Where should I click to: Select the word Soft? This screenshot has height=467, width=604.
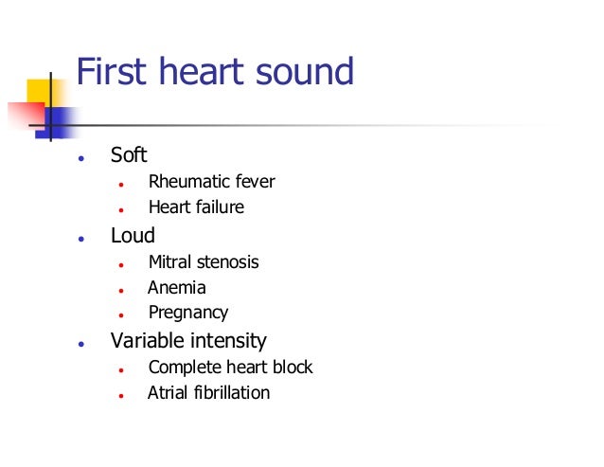129,155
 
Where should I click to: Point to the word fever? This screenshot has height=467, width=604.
255,182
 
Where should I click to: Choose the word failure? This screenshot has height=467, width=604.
219,207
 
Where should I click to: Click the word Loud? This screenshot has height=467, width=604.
133,236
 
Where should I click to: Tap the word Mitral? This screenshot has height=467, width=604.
170,262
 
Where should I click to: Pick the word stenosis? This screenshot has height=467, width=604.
227,262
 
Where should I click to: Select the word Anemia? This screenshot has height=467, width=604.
176,288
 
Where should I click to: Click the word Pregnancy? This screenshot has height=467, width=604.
188,313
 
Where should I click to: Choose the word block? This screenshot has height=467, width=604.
292,368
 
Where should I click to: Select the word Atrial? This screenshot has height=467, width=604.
168,392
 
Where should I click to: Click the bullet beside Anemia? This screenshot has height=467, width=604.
122,289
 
